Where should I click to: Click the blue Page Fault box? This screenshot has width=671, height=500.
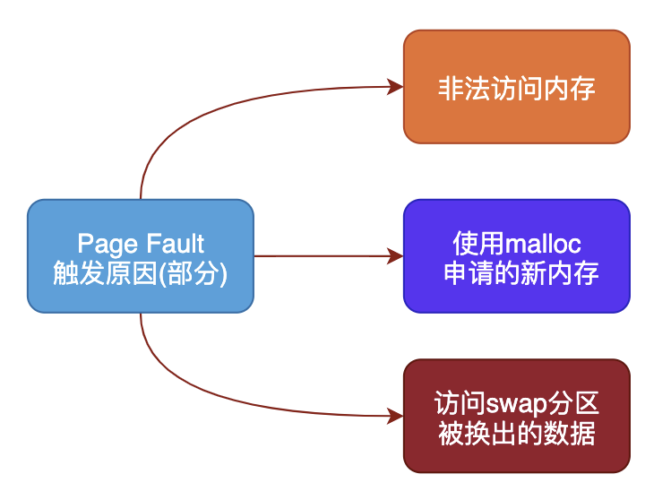141,256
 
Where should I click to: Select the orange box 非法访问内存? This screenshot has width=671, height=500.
516,87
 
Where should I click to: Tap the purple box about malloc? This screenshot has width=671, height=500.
516,256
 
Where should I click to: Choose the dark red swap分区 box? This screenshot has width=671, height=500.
516,416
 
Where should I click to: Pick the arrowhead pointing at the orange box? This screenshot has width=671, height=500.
394,87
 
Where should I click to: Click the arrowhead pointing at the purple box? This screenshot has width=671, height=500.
394,256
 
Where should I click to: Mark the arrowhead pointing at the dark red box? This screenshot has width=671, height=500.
394,416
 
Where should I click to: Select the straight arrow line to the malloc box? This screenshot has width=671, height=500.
323,256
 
